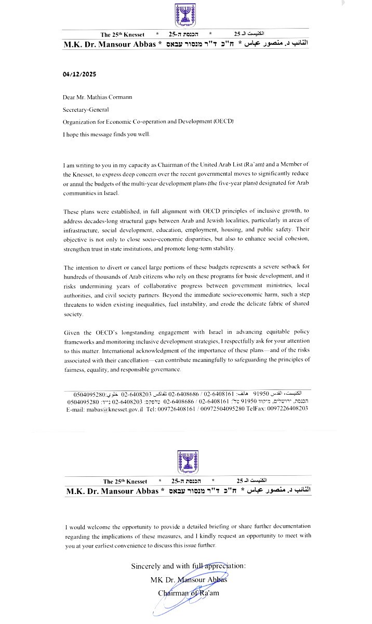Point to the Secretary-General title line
click(86, 109)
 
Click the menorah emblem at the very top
click(185, 15)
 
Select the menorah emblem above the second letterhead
click(185, 461)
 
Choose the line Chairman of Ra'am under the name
click(189, 592)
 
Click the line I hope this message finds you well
click(107, 135)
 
